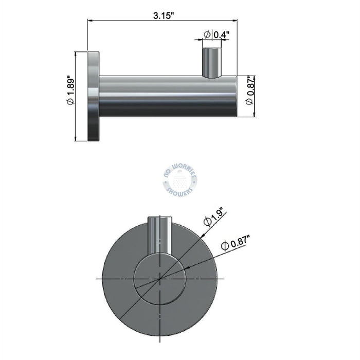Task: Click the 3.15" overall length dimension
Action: tap(164, 16)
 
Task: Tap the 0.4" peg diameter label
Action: tap(221, 34)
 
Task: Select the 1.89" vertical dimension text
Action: tap(71, 85)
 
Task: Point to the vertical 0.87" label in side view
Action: tap(250, 86)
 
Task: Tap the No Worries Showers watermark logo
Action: tap(180, 180)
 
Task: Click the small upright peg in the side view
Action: tap(212, 63)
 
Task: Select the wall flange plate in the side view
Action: tap(94, 96)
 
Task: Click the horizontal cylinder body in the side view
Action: tap(168, 96)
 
